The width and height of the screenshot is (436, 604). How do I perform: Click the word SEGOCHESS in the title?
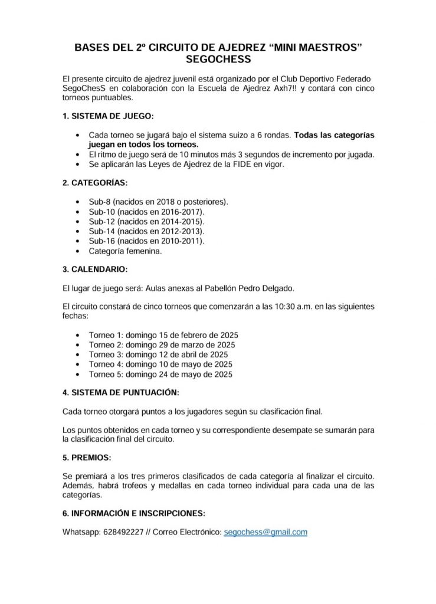pyautogui.click(x=218, y=60)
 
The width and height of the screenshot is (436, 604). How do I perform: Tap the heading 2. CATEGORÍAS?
pyautogui.click(x=94, y=183)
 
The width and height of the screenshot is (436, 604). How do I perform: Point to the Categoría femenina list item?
pyautogui.click(x=125, y=251)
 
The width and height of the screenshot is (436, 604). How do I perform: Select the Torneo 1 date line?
pyautogui.click(x=163, y=334)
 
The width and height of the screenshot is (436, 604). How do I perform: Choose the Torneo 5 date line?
pyautogui.click(x=160, y=375)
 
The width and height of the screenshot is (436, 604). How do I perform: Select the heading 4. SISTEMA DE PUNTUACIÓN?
pyautogui.click(x=121, y=392)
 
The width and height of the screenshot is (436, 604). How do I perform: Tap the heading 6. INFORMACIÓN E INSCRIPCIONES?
pyautogui.click(x=134, y=513)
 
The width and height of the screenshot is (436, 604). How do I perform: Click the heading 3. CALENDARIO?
pyautogui.click(x=94, y=270)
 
